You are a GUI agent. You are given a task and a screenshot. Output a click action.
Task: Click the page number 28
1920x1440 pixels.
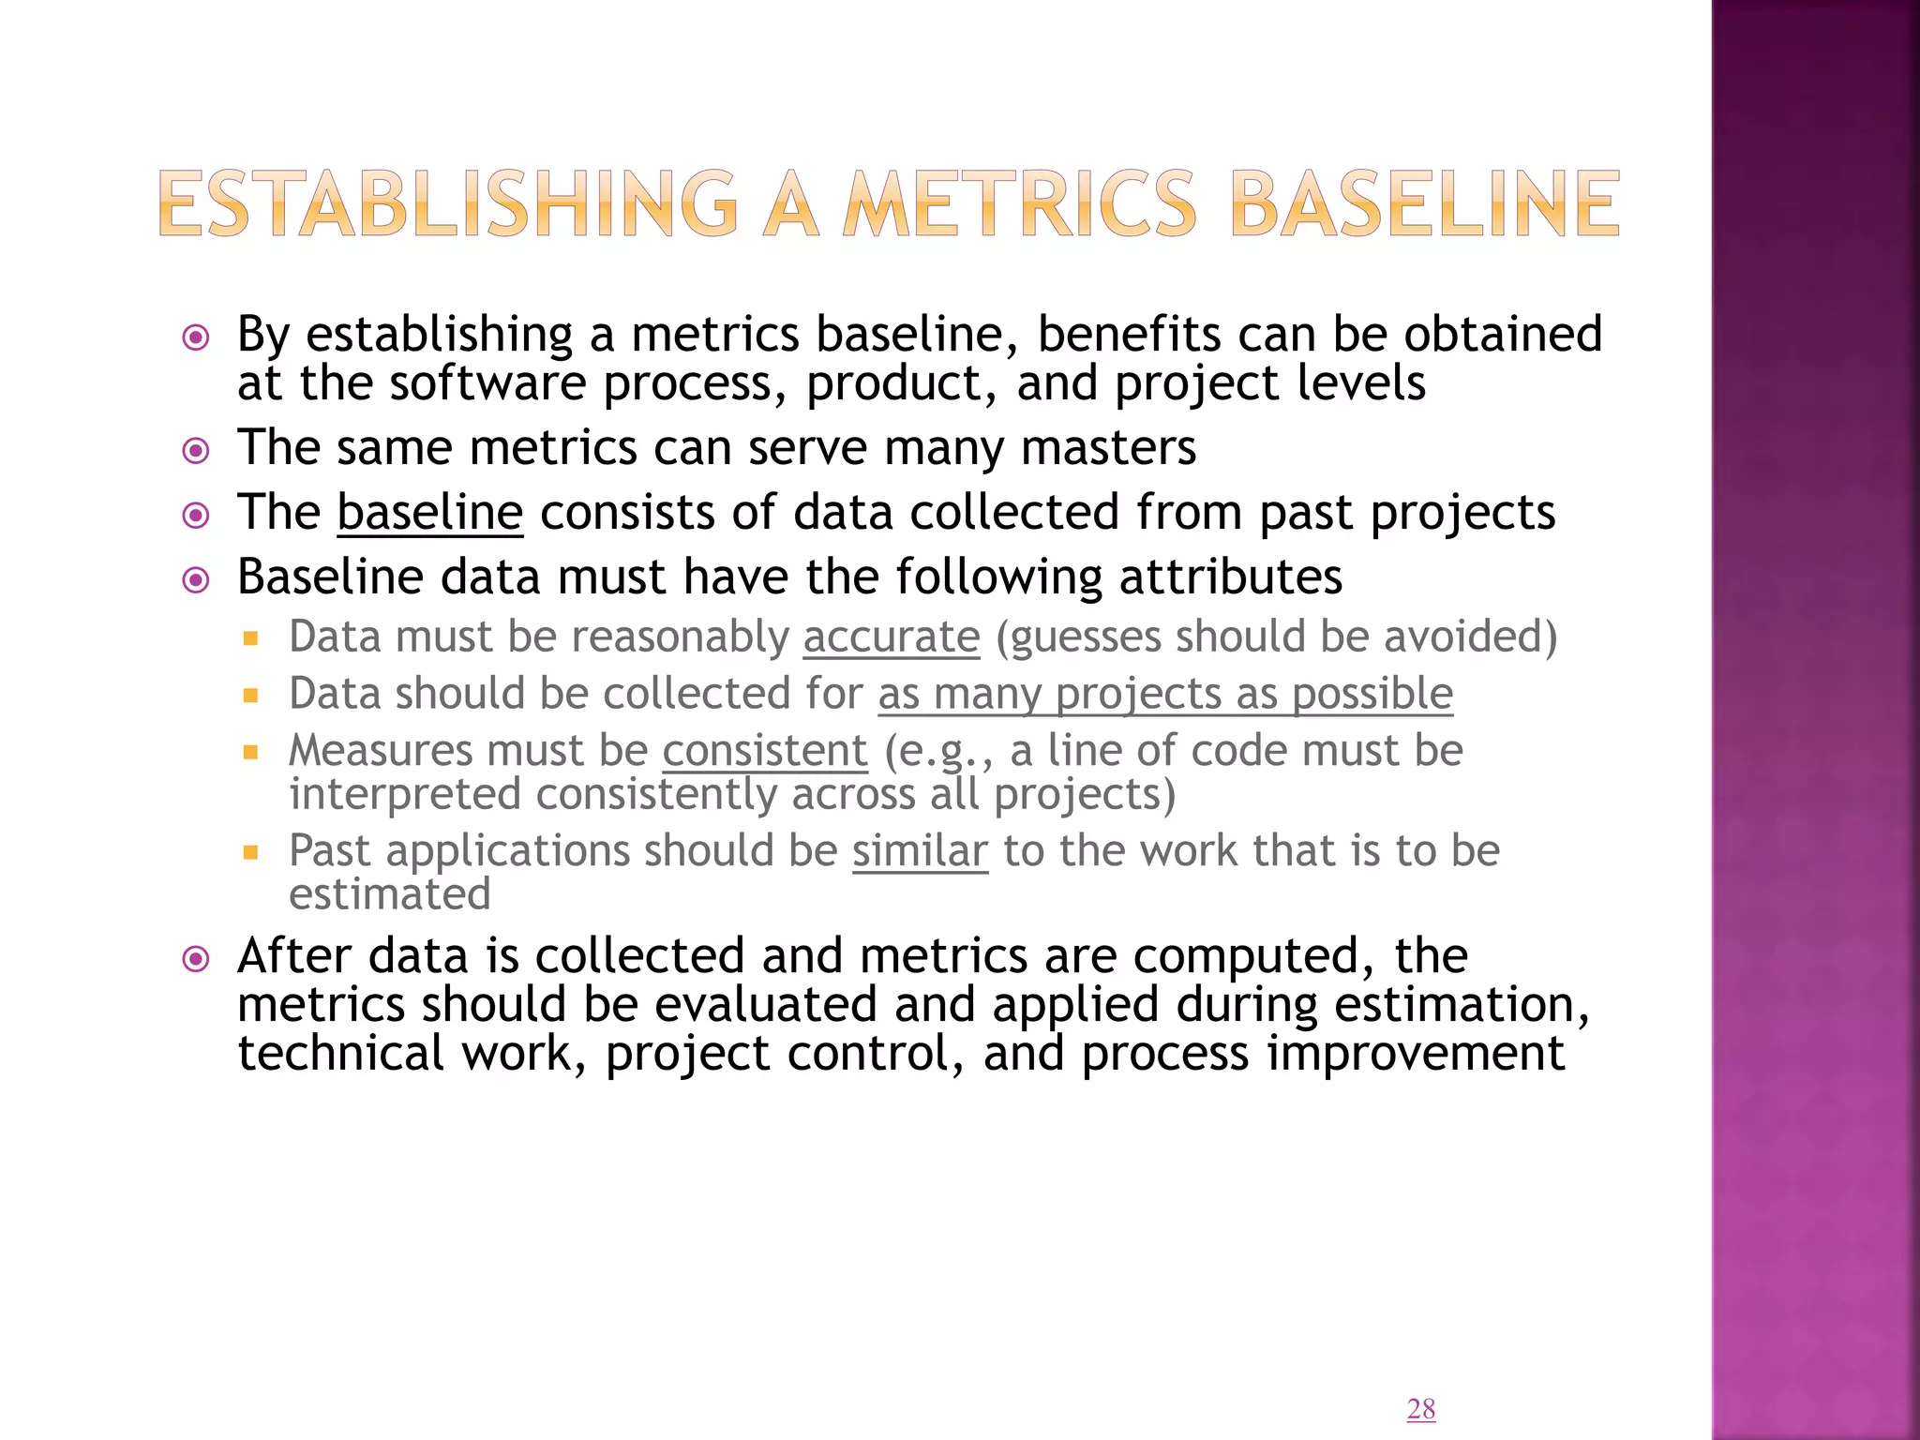[x=1420, y=1408]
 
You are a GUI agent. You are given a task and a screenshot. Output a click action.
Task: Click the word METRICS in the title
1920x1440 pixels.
[x=1020, y=203]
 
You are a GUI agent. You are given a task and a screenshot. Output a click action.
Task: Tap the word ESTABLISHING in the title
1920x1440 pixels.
[x=448, y=203]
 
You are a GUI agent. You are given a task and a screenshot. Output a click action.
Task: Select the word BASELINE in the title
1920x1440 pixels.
[x=1424, y=203]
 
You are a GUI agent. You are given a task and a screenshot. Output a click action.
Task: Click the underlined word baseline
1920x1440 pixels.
[x=429, y=513]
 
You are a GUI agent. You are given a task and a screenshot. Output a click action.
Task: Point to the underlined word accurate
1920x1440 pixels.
[x=891, y=637]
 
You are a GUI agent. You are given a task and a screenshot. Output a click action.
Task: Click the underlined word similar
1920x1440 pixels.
[x=920, y=851]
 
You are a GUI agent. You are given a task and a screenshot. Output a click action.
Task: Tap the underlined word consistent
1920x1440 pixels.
[x=765, y=751]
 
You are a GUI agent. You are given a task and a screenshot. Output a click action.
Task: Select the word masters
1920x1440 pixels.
[x=1108, y=448]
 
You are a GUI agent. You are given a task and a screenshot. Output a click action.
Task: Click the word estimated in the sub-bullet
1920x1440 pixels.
[x=390, y=894]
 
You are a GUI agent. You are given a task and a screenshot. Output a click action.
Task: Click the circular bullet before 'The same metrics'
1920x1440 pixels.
[x=196, y=452]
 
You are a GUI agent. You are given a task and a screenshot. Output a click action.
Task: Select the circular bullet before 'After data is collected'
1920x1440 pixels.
[x=196, y=959]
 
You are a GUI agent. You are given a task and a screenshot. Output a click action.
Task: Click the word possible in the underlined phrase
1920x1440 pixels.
[x=1372, y=695]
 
